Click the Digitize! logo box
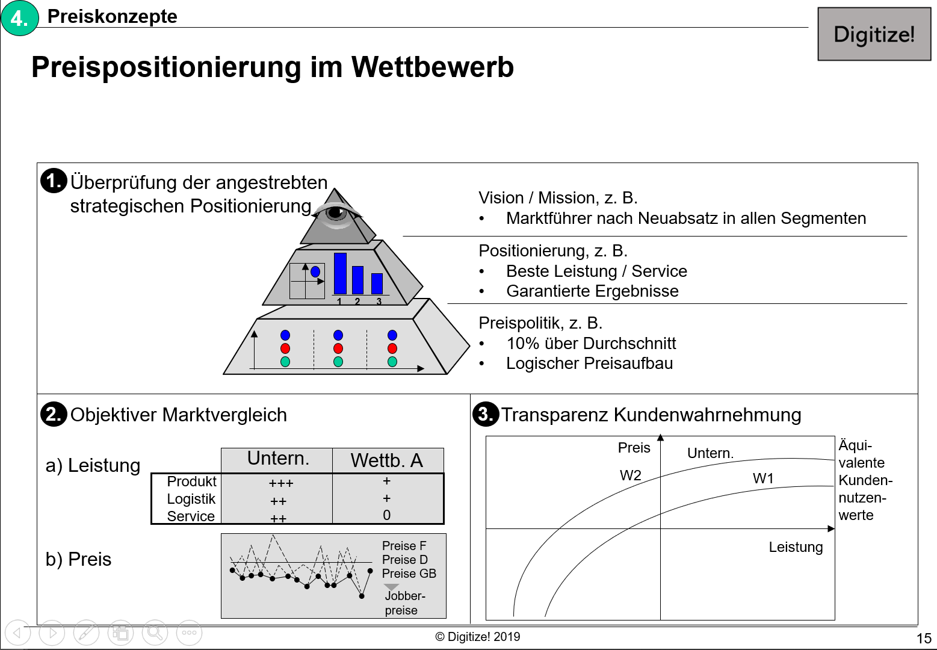(x=874, y=34)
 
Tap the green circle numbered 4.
(x=20, y=18)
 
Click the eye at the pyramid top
(x=336, y=213)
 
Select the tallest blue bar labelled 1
(x=340, y=273)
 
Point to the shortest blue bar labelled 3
(x=377, y=283)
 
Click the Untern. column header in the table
(x=277, y=459)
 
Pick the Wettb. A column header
(x=386, y=460)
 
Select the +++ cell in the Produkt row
(x=280, y=483)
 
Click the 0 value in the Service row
(x=386, y=515)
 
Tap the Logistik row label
(x=191, y=499)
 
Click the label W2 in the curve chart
(x=630, y=475)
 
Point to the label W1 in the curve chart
(x=763, y=478)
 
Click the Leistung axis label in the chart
(x=796, y=547)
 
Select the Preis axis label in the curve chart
(x=634, y=448)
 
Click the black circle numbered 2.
(x=54, y=414)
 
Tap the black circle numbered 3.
(x=485, y=414)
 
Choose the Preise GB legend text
(x=409, y=574)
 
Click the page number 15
(x=924, y=639)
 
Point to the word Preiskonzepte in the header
(x=112, y=17)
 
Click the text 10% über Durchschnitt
(x=591, y=344)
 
